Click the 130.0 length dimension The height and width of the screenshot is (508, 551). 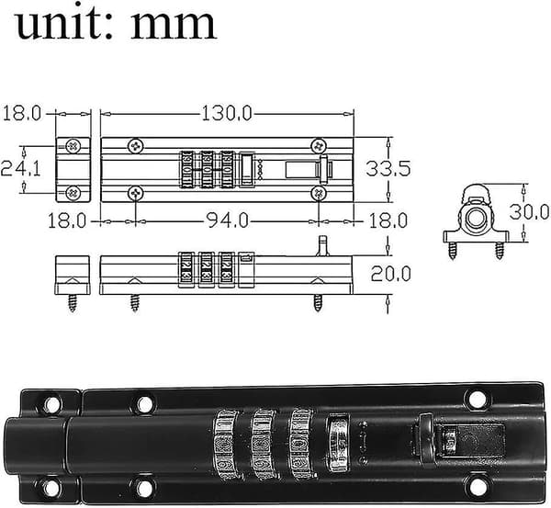[x=227, y=114]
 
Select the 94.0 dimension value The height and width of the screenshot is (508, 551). [x=227, y=220]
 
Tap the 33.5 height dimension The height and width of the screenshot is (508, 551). [x=388, y=168]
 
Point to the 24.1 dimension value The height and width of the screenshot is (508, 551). [x=20, y=168]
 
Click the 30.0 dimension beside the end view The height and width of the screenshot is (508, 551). [x=529, y=211]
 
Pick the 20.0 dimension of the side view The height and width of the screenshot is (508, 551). [x=391, y=274]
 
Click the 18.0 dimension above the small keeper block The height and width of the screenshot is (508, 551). [x=21, y=114]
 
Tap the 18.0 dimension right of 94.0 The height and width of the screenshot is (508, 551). [x=388, y=220]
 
